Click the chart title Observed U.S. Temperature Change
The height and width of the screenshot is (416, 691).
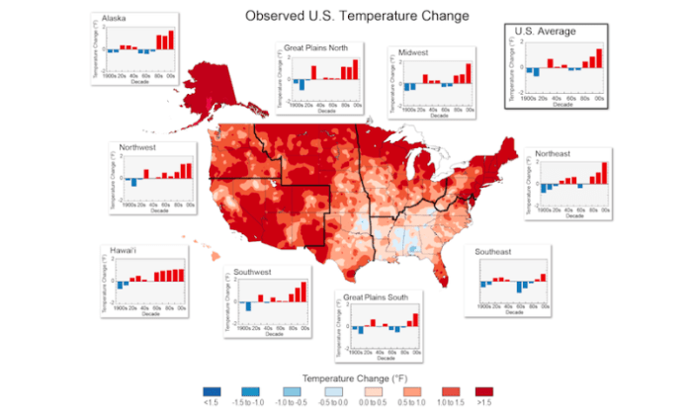(343, 17)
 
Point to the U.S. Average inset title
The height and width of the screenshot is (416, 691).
(545, 32)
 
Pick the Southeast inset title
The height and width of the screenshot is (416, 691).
(492, 252)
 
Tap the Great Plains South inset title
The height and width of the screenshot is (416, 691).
(385, 296)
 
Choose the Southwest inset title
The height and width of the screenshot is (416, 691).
(256, 271)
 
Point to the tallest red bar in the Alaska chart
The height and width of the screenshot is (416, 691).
(170, 40)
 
